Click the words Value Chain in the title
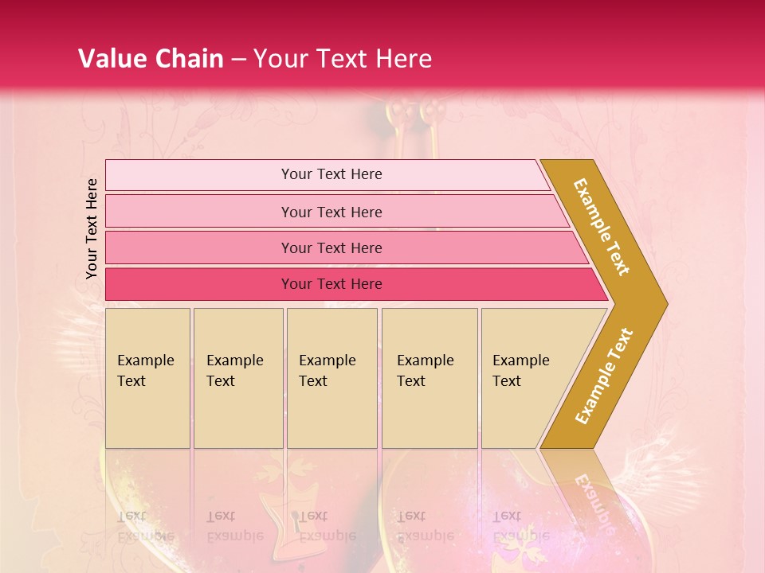151,59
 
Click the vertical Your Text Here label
92,228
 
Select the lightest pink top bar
199,175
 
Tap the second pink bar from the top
199,212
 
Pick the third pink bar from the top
199,248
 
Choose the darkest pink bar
199,284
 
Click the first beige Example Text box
147,414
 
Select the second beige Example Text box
238,414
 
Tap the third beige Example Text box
331,414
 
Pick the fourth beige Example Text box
430,414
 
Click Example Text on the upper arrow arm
602,227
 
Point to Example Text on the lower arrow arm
604,376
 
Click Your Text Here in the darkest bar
331,284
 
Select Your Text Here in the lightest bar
331,174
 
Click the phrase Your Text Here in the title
343,59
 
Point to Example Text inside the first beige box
145,370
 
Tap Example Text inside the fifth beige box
520,370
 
